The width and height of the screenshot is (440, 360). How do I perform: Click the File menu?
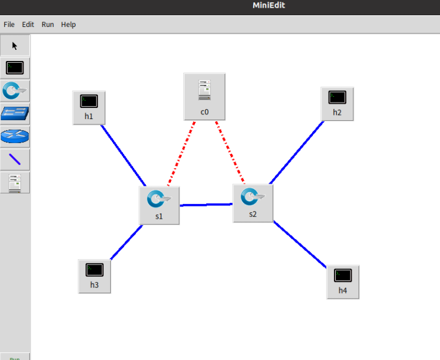click(x=9, y=25)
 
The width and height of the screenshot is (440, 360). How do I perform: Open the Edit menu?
click(x=28, y=25)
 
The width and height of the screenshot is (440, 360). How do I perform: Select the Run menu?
click(x=47, y=25)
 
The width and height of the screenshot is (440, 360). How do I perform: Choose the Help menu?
click(x=69, y=25)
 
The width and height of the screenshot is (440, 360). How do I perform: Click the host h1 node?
click(x=89, y=107)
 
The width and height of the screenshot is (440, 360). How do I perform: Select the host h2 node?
click(x=337, y=103)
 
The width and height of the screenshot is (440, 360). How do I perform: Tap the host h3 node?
click(x=94, y=276)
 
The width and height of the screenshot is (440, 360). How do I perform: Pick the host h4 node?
click(x=343, y=281)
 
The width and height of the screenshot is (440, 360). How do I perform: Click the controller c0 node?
click(x=204, y=96)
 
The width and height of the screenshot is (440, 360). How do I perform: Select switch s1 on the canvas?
click(x=159, y=205)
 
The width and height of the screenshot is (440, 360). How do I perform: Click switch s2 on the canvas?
click(x=253, y=202)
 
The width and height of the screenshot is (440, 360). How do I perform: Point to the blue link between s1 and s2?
click(x=206, y=205)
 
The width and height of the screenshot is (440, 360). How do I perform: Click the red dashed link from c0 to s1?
click(x=182, y=154)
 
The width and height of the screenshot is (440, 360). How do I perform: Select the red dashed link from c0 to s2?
click(x=230, y=152)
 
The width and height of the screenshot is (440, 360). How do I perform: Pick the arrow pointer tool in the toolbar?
click(x=15, y=46)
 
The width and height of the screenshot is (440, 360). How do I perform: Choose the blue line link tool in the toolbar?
click(x=15, y=159)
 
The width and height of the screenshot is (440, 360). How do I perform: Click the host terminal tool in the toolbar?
click(x=15, y=68)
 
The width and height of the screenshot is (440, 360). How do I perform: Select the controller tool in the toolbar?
click(x=15, y=182)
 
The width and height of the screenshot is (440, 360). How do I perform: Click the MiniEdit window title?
click(x=269, y=6)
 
